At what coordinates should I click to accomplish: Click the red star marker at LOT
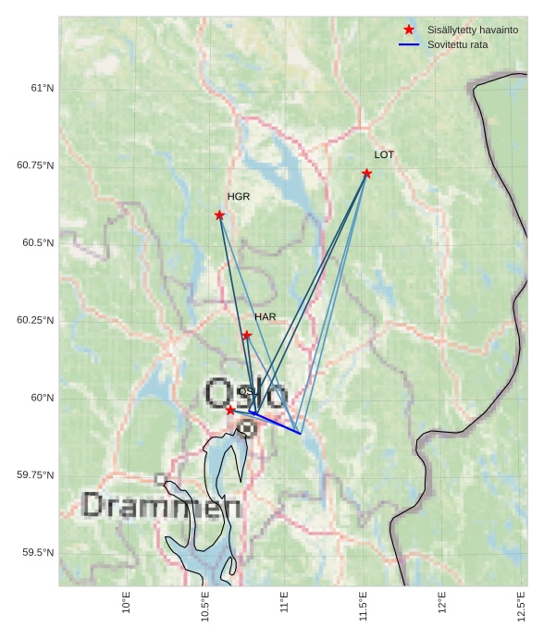pyautogui.click(x=367, y=173)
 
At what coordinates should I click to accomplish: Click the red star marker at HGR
pyautogui.click(x=219, y=215)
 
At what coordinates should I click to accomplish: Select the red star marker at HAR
pyautogui.click(x=247, y=335)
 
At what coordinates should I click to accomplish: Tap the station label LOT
pyautogui.click(x=384, y=154)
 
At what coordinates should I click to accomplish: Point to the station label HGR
pyautogui.click(x=239, y=197)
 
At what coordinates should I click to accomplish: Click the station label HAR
pyautogui.click(x=266, y=317)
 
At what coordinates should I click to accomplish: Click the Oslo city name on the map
pyautogui.click(x=246, y=393)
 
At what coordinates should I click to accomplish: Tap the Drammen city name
pyautogui.click(x=162, y=506)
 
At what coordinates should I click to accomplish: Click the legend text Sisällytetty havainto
pyautogui.click(x=472, y=30)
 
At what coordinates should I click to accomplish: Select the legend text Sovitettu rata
pyautogui.click(x=457, y=44)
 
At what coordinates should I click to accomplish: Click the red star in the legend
pyautogui.click(x=409, y=30)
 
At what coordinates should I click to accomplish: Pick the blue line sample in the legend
pyautogui.click(x=409, y=44)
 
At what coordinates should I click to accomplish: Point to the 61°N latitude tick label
pyautogui.click(x=43, y=88)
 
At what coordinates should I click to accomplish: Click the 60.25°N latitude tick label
pyautogui.click(x=35, y=320)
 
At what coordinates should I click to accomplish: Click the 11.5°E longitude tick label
pyautogui.click(x=364, y=607)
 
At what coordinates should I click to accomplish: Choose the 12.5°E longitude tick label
pyautogui.click(x=522, y=607)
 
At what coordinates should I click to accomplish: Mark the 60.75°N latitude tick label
pyautogui.click(x=35, y=166)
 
